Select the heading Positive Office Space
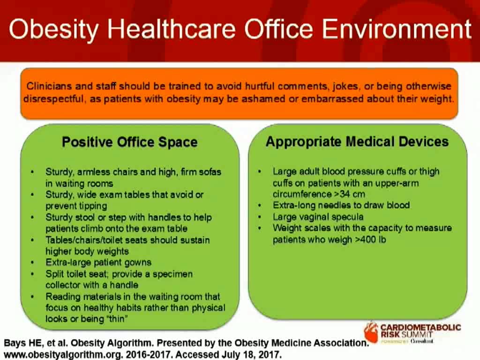[x=130, y=142]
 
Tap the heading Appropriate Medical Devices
[x=357, y=142]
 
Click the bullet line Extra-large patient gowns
[x=98, y=262]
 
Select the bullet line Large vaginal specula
[x=318, y=217]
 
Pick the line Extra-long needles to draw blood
[x=341, y=205]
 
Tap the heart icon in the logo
[x=371, y=331]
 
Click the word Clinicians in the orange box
[x=47, y=87]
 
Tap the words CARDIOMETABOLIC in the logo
[x=420, y=327]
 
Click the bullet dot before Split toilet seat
[x=32, y=274]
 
